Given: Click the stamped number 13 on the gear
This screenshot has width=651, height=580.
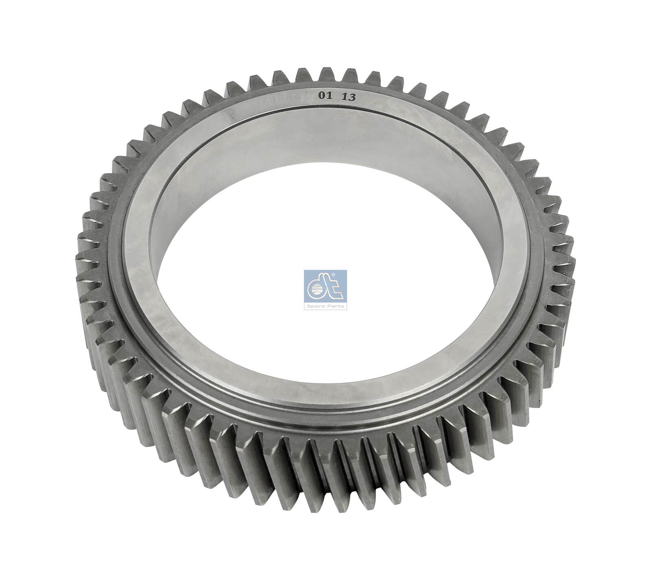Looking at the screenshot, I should click(x=349, y=97).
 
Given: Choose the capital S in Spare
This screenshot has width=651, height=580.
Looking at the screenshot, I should click(x=310, y=306).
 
